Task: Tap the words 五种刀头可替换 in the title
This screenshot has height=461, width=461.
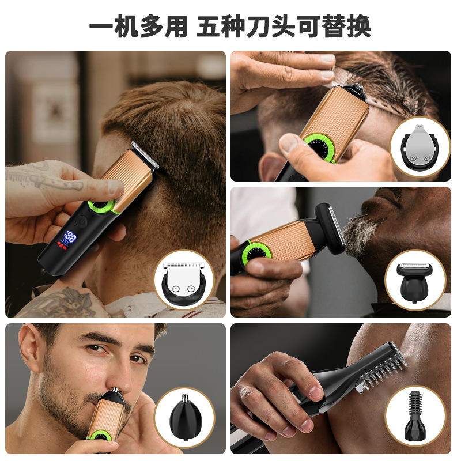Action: coord(284,27)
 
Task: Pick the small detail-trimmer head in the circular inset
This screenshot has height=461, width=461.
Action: coord(420,146)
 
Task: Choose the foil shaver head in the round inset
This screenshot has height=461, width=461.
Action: coord(414,279)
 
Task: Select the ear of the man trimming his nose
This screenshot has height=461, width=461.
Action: coord(29,354)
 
